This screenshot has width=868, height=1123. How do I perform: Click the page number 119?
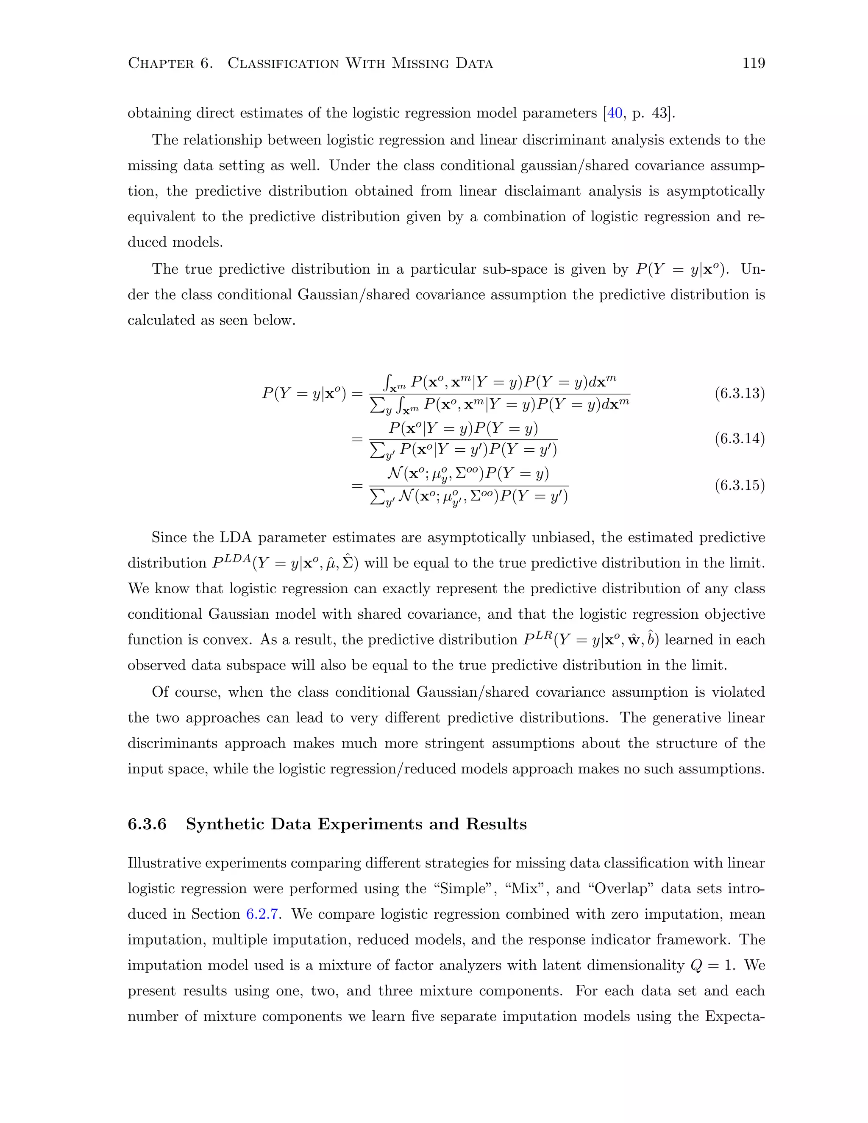pos(753,63)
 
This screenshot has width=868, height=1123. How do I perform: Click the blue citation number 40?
pos(615,113)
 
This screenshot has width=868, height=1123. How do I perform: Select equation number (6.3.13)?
pos(740,394)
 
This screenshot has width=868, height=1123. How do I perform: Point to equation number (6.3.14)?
pos(740,439)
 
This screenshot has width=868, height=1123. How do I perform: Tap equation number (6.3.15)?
pos(740,485)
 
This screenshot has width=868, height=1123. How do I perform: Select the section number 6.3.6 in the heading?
pos(147,824)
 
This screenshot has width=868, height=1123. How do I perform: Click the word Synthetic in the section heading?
pos(224,824)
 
